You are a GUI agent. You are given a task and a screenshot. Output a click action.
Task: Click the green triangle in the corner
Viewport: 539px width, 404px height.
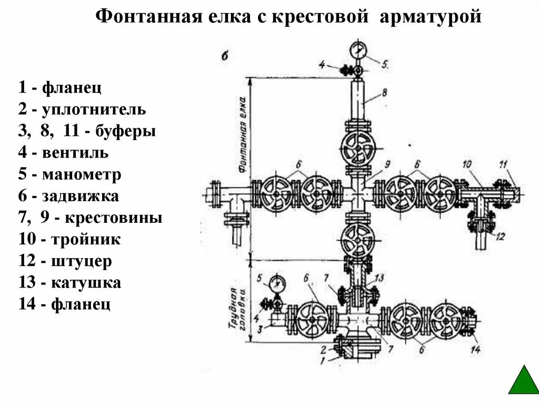[x=523, y=381]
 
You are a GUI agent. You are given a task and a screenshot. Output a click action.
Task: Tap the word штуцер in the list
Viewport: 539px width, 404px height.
[x=82, y=261]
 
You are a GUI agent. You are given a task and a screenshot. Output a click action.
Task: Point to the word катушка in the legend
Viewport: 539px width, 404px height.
[x=86, y=283]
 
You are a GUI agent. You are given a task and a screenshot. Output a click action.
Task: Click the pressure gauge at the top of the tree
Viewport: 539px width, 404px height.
[x=358, y=51]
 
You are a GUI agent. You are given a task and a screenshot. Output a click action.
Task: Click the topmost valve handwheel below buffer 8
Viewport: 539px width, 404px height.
[x=358, y=148]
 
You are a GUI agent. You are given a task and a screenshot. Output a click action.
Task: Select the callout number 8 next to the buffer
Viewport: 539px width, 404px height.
[x=385, y=92]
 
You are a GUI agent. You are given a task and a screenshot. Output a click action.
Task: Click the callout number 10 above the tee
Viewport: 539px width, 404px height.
[x=467, y=165]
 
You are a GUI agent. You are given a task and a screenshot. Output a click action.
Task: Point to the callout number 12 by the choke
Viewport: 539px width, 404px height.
[x=500, y=235]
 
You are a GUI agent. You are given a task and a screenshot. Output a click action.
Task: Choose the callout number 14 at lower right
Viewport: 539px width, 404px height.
[x=477, y=349]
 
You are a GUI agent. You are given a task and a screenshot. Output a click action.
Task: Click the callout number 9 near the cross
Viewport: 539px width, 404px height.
[x=386, y=165]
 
